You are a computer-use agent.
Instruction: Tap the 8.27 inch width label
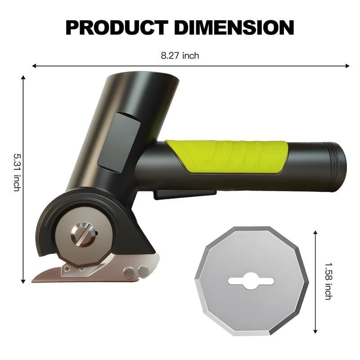click(180, 56)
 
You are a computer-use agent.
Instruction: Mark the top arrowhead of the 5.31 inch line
click(23, 78)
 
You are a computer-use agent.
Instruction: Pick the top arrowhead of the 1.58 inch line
click(315, 233)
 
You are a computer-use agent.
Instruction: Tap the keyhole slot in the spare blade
click(251, 281)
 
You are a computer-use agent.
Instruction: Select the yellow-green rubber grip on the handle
click(229, 155)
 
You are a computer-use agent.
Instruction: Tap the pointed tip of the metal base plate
click(34, 280)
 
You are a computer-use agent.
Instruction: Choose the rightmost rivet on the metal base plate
click(143, 270)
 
